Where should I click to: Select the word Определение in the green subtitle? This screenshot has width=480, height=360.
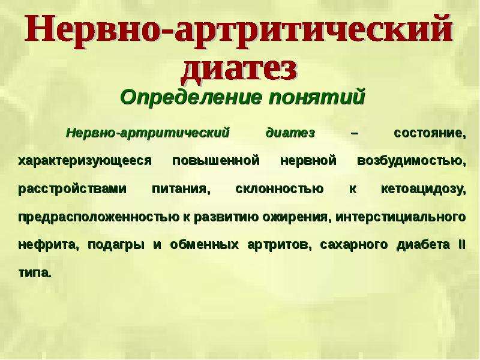point(191,97)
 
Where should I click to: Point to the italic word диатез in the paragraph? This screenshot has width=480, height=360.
point(290,133)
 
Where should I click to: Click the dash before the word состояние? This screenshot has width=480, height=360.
point(355,134)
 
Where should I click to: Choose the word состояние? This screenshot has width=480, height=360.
point(430,133)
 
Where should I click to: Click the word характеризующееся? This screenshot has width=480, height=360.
point(85,161)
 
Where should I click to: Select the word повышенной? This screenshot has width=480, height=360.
point(216,161)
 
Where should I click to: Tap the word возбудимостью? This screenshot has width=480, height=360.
point(412,161)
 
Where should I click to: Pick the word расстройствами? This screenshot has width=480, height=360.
point(72,189)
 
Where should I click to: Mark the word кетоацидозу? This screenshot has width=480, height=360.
point(424,189)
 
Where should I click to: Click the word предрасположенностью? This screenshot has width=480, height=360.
point(99,217)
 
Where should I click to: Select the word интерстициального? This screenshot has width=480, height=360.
point(400,217)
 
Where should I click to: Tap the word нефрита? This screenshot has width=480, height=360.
point(49,245)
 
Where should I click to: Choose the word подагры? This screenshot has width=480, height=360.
point(116,245)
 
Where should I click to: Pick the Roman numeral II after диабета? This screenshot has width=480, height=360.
point(461,245)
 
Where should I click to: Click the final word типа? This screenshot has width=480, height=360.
point(34,273)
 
